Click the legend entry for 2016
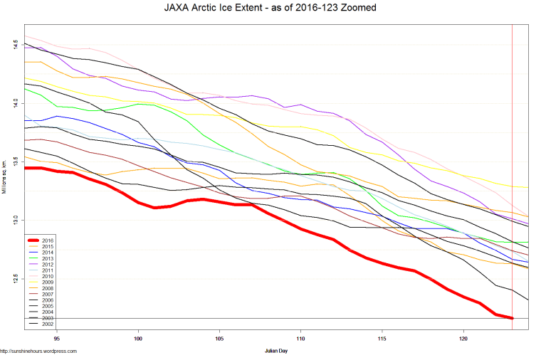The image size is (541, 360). [47, 240]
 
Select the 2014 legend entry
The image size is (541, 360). [47, 253]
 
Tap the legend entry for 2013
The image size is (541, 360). [47, 258]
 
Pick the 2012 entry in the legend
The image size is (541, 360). [47, 264]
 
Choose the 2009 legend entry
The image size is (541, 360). [47, 282]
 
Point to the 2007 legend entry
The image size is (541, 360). [47, 294]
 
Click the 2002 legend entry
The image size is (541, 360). [47, 324]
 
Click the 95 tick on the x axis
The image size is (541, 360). [56, 339]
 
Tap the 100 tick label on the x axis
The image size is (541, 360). [138, 339]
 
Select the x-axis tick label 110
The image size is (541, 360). [301, 339]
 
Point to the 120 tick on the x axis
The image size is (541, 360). [464, 339]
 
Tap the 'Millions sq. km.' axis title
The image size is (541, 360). [6, 186]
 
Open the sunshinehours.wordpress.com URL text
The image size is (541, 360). [38, 351]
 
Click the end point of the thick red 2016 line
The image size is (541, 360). [512, 318]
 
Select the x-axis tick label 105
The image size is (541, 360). [220, 339]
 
